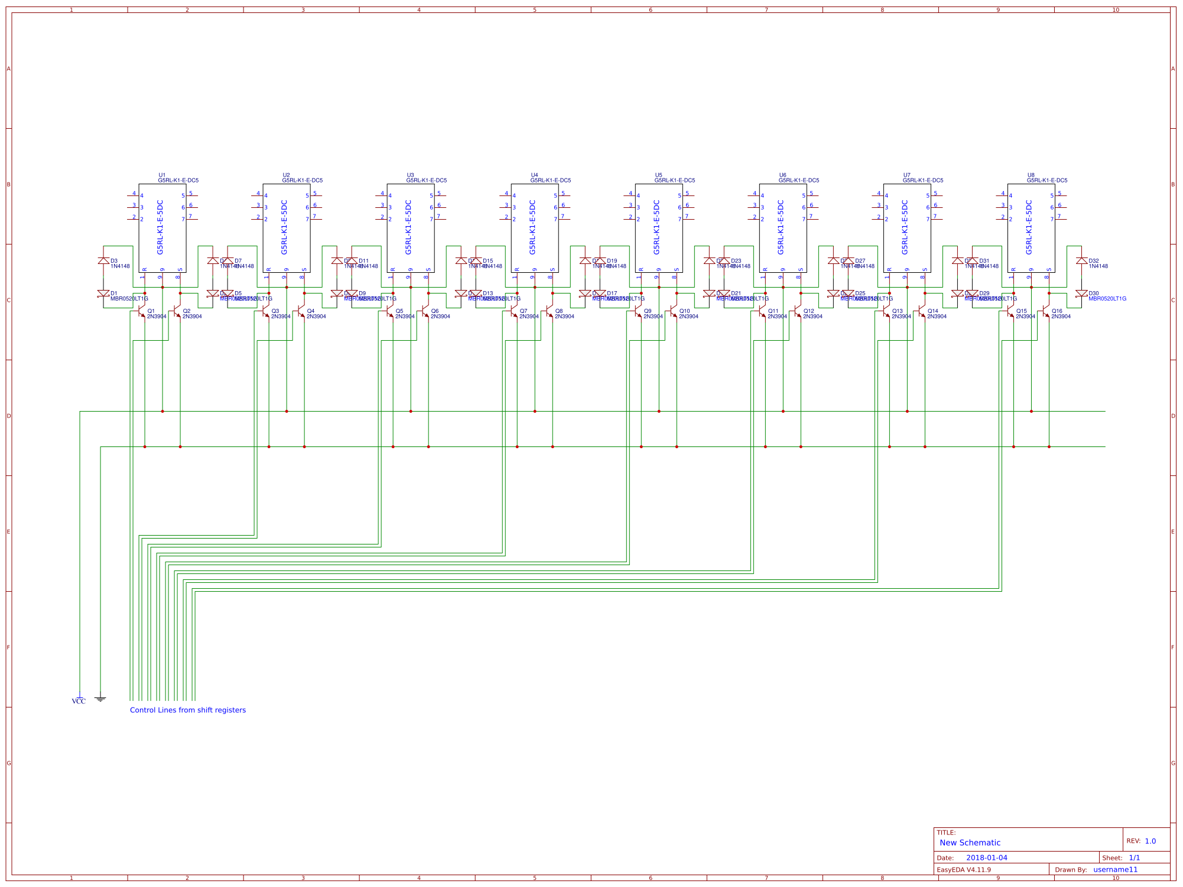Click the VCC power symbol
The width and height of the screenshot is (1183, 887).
[x=79, y=699]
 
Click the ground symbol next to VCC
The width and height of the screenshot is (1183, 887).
[x=100, y=699]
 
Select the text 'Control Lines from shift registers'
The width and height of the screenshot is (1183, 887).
[x=187, y=710]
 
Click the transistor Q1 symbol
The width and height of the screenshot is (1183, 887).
[x=141, y=311]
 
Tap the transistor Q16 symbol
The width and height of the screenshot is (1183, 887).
[x=1045, y=311]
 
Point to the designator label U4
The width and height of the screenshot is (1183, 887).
[x=534, y=175]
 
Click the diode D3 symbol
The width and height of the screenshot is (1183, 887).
[x=103, y=260]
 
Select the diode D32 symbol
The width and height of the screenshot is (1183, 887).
[x=1081, y=260]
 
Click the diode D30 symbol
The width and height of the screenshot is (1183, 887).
[x=1081, y=294]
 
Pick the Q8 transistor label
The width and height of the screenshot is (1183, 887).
[x=559, y=311]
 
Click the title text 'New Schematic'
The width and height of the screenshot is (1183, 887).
[x=970, y=843]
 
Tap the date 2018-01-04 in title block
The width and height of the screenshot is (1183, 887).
[x=986, y=857]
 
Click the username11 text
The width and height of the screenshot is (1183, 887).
[x=1114, y=869]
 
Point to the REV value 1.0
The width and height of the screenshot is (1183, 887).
[x=1150, y=841]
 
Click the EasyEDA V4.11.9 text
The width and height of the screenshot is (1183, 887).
[x=964, y=869]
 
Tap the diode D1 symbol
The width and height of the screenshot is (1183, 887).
[x=103, y=294]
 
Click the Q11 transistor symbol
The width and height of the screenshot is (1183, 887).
[x=762, y=311]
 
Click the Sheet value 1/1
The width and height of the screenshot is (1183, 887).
[x=1134, y=857]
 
